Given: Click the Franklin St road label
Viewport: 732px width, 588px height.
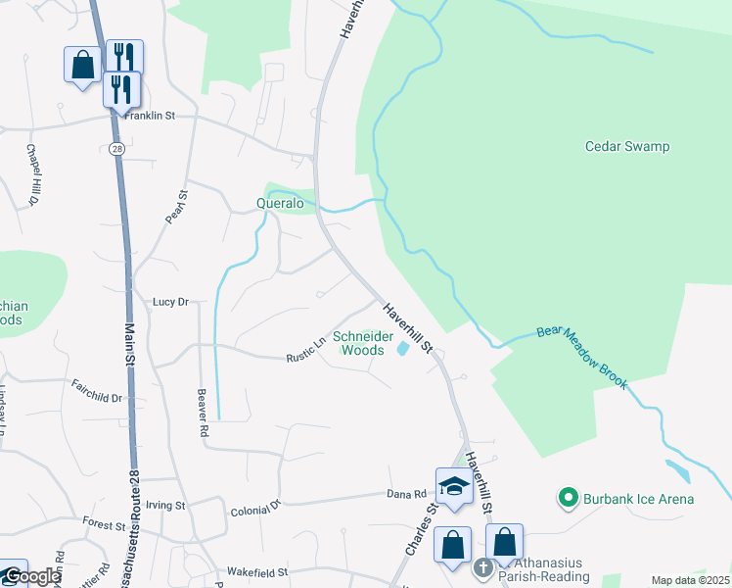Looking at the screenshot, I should pos(149,116).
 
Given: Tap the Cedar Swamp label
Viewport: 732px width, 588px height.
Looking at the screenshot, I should pos(627,147).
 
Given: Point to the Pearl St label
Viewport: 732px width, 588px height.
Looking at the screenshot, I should pos(175,207).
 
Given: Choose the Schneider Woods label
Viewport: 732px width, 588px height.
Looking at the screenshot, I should pos(358,342).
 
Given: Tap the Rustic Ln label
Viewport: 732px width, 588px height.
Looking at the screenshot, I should pos(305,350).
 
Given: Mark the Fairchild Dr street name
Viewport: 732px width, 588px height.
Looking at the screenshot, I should pos(97,393).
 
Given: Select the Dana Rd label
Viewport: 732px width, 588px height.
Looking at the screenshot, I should pos(407,495).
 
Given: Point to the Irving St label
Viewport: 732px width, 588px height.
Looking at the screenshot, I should pos(165,506).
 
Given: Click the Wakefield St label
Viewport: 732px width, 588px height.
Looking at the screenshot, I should pos(257,571).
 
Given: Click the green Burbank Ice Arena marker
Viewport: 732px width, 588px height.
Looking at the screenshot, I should pos(567,499).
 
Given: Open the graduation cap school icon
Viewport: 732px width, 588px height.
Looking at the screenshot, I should pos(455,485).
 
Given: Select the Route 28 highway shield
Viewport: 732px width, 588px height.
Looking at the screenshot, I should pos(116,148).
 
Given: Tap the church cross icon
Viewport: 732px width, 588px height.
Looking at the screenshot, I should pos(482,567).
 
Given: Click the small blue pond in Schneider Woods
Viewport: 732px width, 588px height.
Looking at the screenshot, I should pos(402,348).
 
